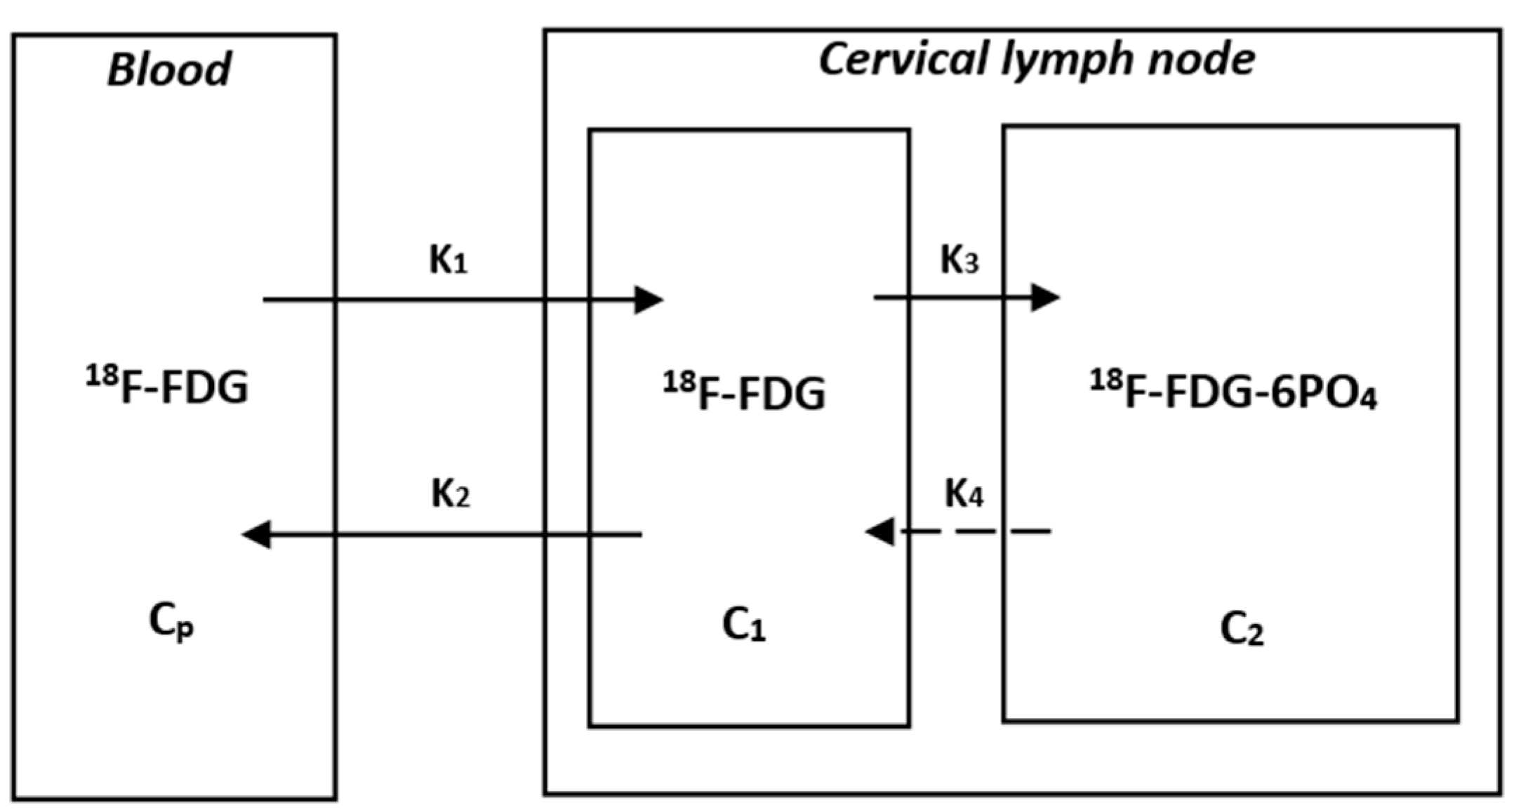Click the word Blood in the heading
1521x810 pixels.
(168, 69)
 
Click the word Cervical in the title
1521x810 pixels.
(907, 59)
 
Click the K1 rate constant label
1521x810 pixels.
(448, 260)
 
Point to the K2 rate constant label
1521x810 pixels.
(450, 494)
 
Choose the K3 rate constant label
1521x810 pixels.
(959, 260)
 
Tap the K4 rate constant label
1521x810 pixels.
(964, 494)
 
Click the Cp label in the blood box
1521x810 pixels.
(171, 622)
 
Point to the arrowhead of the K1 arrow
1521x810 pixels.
(649, 300)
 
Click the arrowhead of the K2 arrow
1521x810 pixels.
(256, 535)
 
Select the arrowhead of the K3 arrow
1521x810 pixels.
(1044, 297)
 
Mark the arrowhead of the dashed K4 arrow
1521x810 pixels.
(879, 531)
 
